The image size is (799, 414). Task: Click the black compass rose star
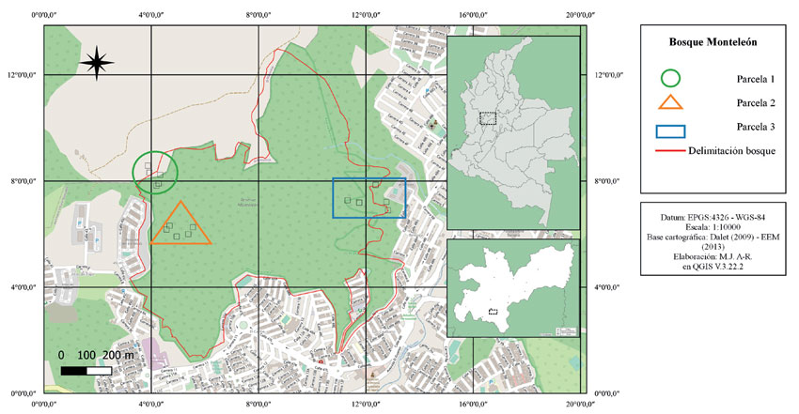(x=97, y=63)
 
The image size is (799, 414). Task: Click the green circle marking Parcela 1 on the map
(x=154, y=173)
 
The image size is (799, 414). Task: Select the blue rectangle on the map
(x=369, y=198)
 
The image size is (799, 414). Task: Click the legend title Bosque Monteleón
(x=712, y=42)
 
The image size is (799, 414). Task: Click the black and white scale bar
(x=86, y=372)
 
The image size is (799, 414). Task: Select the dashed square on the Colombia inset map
(x=487, y=118)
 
